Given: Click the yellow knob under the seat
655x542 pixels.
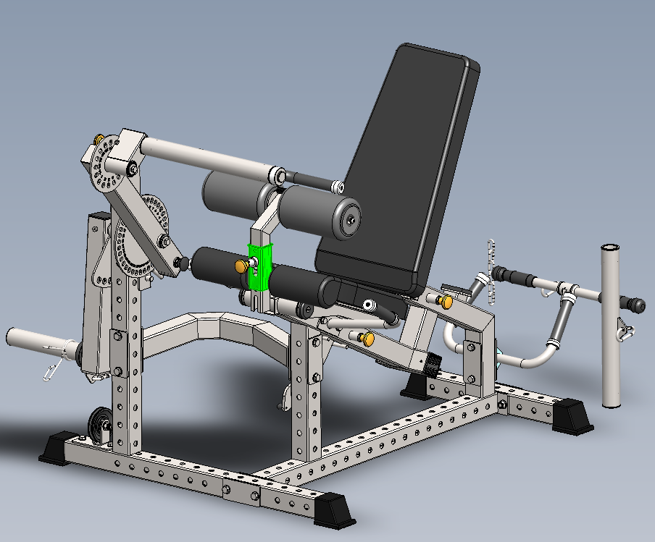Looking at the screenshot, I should click(369, 337).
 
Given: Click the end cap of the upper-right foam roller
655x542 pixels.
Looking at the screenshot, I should click(351, 216).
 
